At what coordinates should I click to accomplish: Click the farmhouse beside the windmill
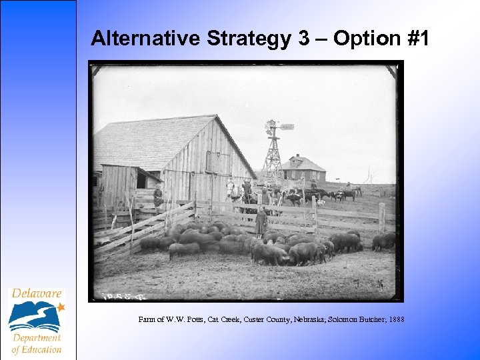coord(303,169)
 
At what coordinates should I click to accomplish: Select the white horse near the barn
coord(232,191)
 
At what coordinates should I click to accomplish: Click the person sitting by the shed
coord(158,196)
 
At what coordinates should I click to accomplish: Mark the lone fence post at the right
coord(381,216)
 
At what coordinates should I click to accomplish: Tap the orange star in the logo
coord(61,307)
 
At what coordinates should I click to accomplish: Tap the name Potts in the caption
coord(186,320)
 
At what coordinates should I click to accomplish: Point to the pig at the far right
coord(384,241)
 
